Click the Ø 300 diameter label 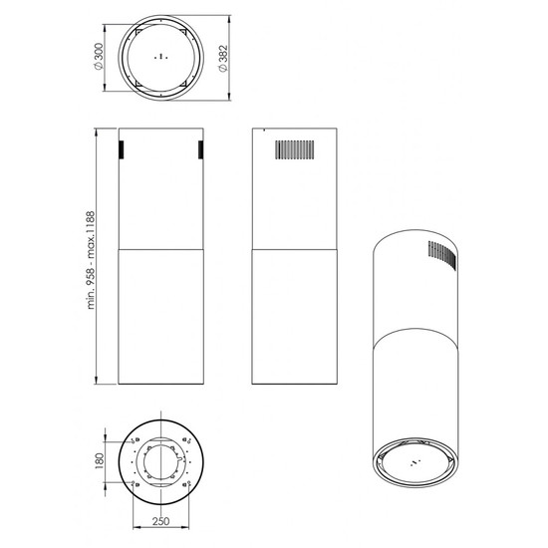(x=99, y=56)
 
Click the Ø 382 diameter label (x=222, y=58)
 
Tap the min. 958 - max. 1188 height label (x=91, y=260)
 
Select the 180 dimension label (x=100, y=461)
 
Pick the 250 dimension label (x=160, y=521)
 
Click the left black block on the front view (x=121, y=149)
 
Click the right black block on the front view (x=201, y=149)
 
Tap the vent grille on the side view (x=294, y=149)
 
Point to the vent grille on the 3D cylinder (x=442, y=255)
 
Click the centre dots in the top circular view (x=160, y=56)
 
